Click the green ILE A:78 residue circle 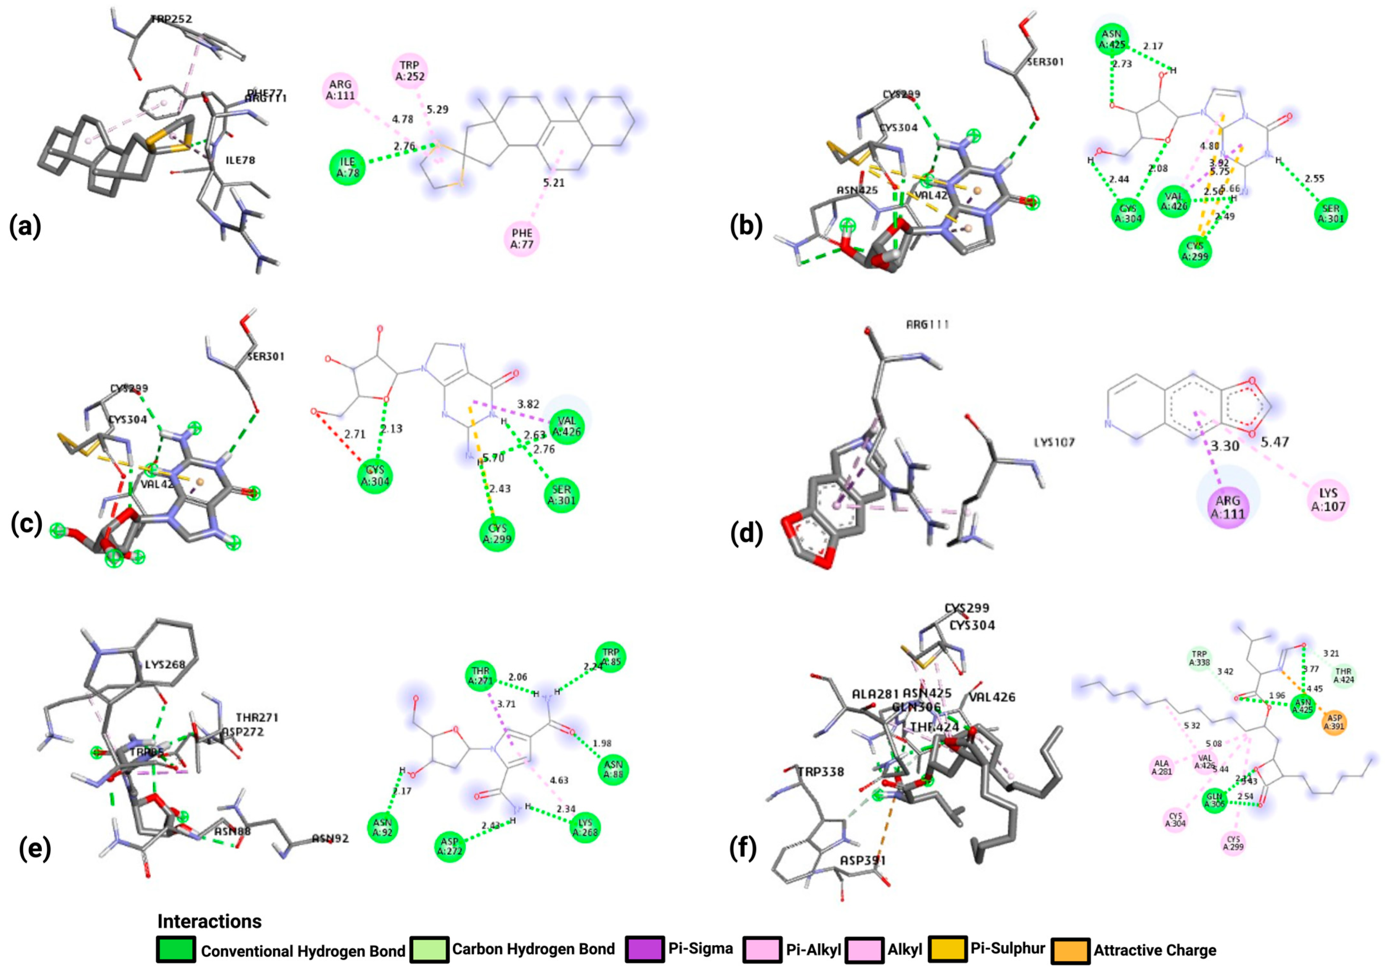348,167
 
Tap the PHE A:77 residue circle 522,238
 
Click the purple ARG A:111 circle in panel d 1228,506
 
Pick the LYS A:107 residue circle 1328,500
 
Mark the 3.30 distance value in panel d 1224,446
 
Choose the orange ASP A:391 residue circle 1335,722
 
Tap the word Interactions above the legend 209,921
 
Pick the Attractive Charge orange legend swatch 1071,951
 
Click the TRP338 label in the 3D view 821,771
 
